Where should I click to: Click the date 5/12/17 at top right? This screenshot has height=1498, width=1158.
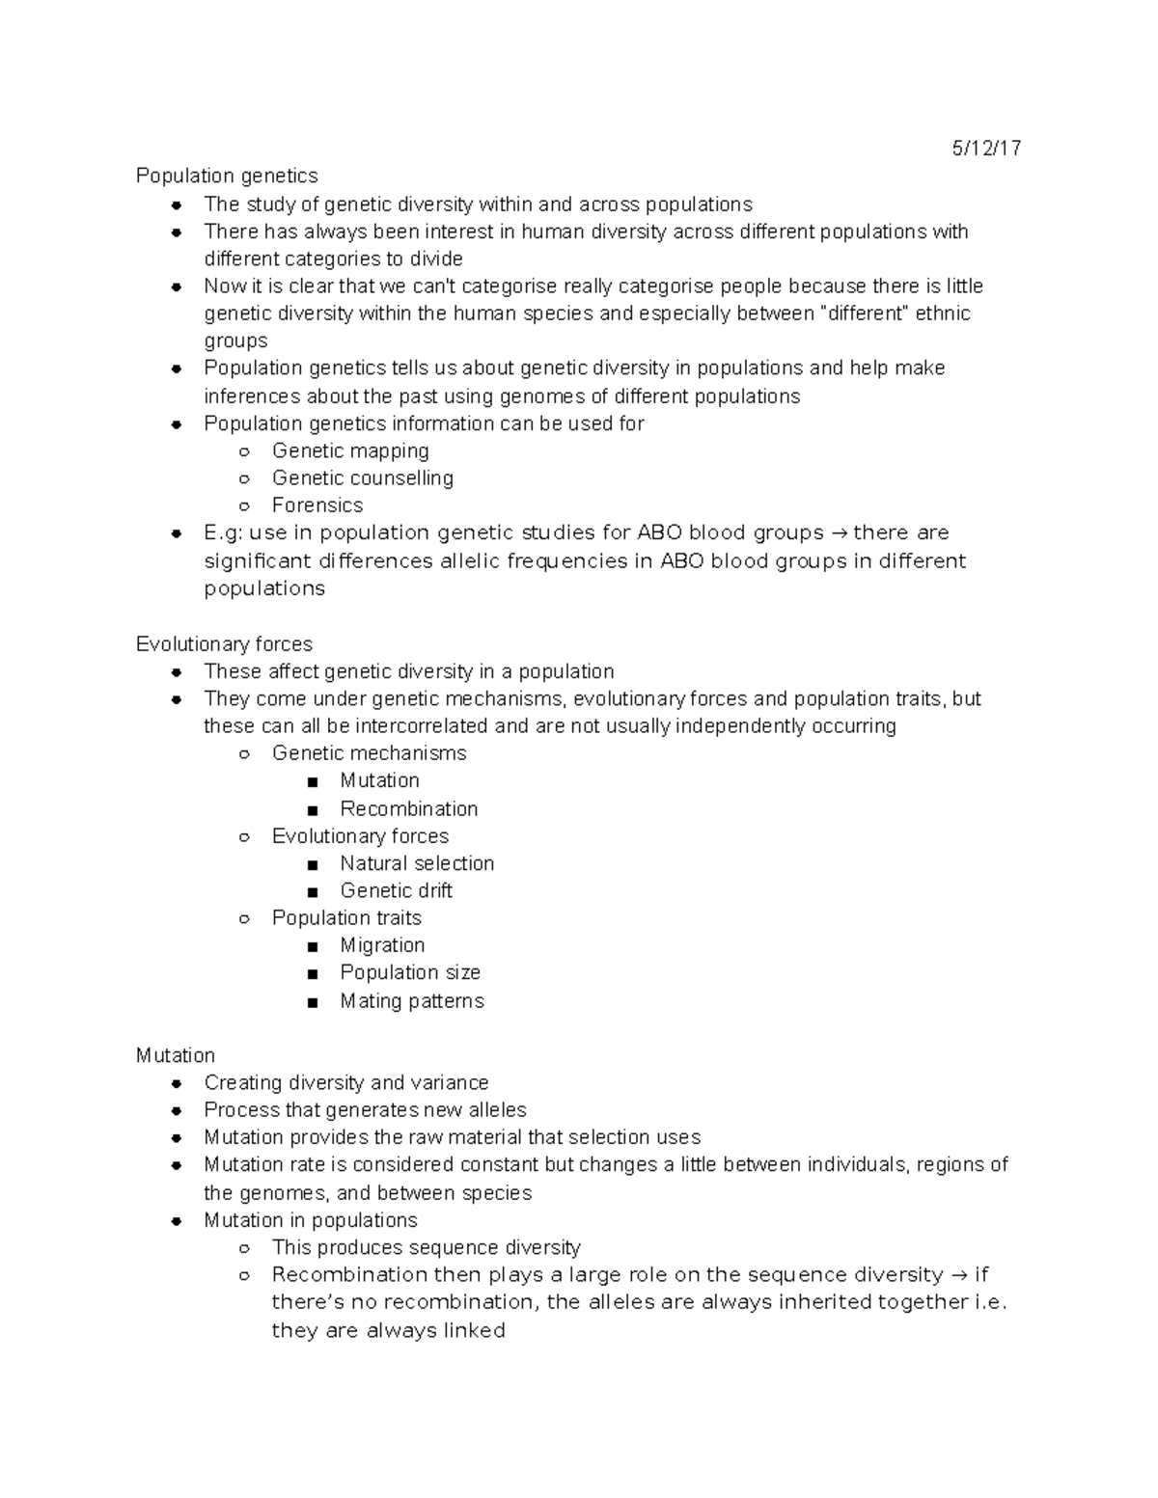pyautogui.click(x=986, y=149)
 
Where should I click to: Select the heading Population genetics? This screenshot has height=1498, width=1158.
pyautogui.click(x=227, y=176)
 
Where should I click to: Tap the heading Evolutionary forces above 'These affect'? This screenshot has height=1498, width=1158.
pyautogui.click(x=224, y=644)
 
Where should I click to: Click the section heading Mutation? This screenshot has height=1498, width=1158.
pyautogui.click(x=175, y=1055)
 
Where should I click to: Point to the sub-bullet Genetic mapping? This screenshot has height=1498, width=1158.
pyautogui.click(x=350, y=450)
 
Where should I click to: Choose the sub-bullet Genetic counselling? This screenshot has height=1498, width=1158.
pyautogui.click(x=362, y=478)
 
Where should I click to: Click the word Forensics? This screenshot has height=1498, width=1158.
pyautogui.click(x=317, y=505)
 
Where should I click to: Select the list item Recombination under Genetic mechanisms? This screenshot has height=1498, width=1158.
pyautogui.click(x=408, y=808)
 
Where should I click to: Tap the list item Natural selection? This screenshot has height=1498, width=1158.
pyautogui.click(x=417, y=863)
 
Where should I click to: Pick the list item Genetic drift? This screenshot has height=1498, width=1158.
pyautogui.click(x=396, y=890)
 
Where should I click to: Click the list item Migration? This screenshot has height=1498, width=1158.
pyautogui.click(x=382, y=945)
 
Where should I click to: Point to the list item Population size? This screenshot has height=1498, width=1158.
pyautogui.click(x=410, y=972)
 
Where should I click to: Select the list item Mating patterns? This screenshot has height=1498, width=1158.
pyautogui.click(x=412, y=1001)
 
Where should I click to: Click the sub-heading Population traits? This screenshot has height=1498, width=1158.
pyautogui.click(x=346, y=918)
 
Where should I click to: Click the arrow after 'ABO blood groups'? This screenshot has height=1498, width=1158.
pyautogui.click(x=838, y=533)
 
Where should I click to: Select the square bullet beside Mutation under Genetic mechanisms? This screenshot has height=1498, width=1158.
pyautogui.click(x=312, y=782)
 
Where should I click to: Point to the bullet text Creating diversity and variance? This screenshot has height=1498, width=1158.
pyautogui.click(x=345, y=1083)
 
